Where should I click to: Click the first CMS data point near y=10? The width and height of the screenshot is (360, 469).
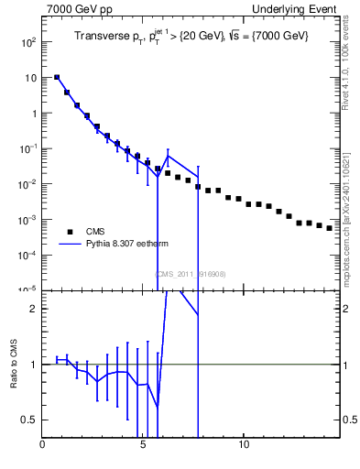[57, 78]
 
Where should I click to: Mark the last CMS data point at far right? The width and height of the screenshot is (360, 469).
[330, 228]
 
